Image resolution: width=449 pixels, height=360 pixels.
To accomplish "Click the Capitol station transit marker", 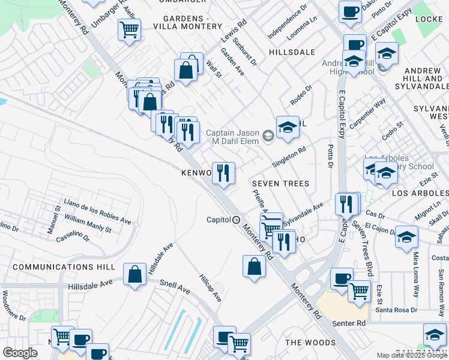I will (x=237, y=220).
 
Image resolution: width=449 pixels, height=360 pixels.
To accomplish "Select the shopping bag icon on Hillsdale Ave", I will (x=135, y=274).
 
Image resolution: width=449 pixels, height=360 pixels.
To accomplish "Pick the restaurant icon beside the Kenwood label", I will (x=223, y=173).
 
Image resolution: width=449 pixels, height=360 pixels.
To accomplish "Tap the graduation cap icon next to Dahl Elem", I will (x=288, y=127).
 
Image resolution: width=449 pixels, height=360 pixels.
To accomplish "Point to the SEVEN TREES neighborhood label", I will (x=280, y=184).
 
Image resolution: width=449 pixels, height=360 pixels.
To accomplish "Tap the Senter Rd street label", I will (x=352, y=323).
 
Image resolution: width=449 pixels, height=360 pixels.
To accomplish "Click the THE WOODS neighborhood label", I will (x=310, y=343).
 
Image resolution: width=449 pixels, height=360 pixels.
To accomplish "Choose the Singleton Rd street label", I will (x=289, y=158).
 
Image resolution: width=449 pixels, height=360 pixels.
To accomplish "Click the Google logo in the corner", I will (x=20, y=353).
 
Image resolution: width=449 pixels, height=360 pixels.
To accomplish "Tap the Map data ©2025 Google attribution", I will (x=412, y=355).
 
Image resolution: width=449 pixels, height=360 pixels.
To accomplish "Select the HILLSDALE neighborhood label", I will (x=292, y=52).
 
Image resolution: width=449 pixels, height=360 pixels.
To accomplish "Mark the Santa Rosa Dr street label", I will (x=396, y=310).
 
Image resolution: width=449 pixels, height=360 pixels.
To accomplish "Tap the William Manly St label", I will (x=88, y=224).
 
